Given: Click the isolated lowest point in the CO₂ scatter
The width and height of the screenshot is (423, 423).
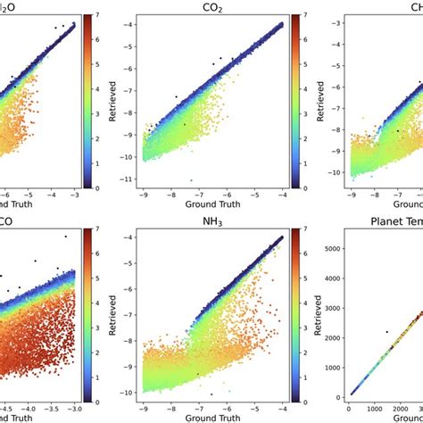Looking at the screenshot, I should pos(191,180).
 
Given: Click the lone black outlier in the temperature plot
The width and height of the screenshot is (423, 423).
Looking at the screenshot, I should pos(386,332).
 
